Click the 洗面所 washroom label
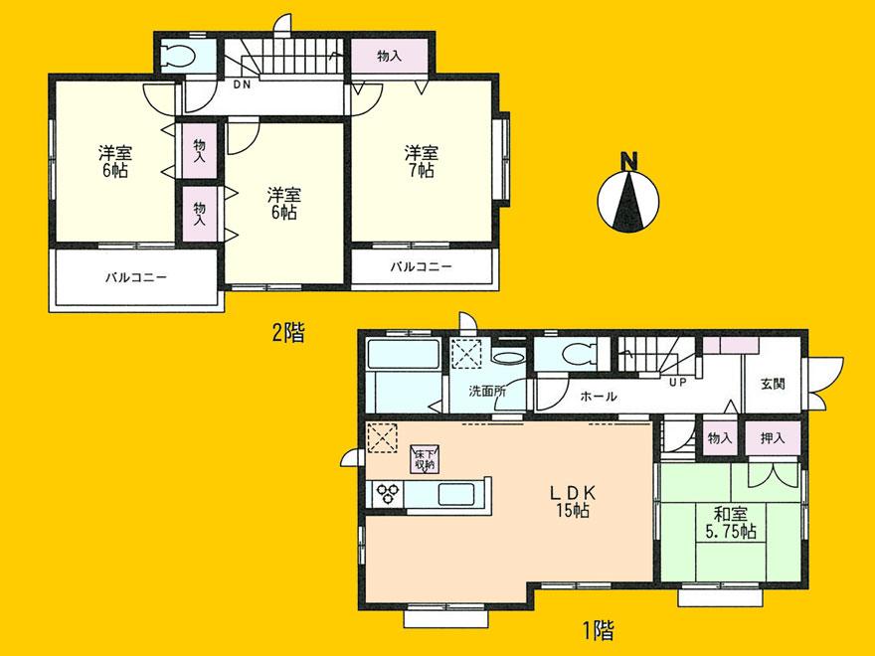[x=488, y=391]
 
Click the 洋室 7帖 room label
[x=420, y=161]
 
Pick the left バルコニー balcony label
[x=135, y=277]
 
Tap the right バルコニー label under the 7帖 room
[x=421, y=266]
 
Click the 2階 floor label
[x=287, y=334]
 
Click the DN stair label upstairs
[x=241, y=85]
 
